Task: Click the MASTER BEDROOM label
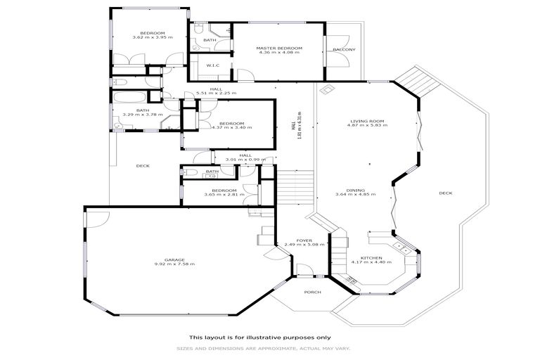click(279, 48)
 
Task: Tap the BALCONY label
click(344, 50)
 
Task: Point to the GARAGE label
click(174, 259)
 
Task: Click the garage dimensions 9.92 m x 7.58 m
click(174, 264)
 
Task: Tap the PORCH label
click(311, 292)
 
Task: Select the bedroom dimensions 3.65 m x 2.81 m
click(224, 194)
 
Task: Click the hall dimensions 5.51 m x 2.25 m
click(216, 94)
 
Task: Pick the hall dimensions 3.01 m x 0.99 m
click(245, 160)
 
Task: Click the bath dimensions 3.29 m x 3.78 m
click(143, 115)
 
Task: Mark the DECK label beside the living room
click(445, 193)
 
